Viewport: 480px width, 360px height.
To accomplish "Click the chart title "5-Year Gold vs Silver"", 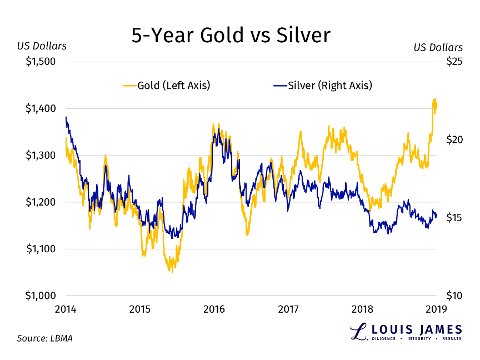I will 231,36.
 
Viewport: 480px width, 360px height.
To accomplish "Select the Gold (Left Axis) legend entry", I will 166,85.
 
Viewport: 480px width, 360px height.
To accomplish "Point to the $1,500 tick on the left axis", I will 41,62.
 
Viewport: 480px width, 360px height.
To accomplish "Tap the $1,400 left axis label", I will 41,108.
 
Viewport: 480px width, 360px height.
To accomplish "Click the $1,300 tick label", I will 41,156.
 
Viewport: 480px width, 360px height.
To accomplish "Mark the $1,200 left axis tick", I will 41,202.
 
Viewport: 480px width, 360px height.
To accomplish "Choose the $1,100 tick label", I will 41,249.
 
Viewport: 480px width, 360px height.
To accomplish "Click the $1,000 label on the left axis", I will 41,296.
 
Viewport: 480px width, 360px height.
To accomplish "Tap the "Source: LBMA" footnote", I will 44,338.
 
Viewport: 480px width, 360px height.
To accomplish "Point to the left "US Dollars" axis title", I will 42,46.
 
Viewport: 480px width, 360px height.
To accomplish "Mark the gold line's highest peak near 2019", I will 434,99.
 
